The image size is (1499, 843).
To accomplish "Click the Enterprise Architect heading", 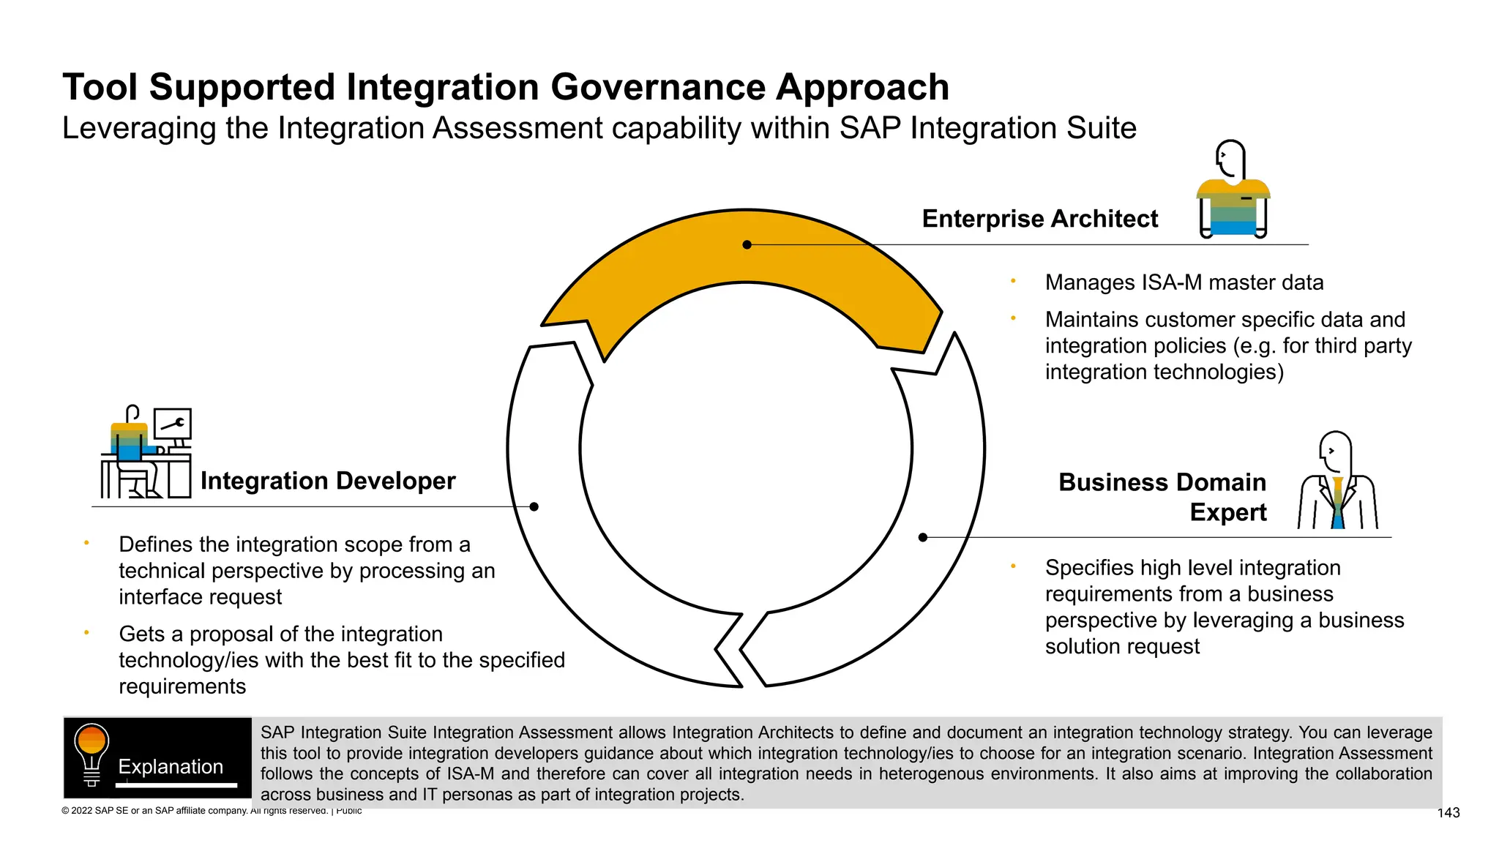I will coord(1039,219).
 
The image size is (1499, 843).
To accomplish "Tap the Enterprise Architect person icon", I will coord(1233,190).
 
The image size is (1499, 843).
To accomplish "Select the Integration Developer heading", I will coord(328,481).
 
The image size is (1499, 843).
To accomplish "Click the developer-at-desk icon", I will coord(146,454).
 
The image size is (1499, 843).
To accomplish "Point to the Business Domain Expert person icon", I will coord(1337,483).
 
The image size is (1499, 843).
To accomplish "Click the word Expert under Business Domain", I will coord(1227,512).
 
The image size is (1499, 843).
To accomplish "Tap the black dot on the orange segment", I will coord(747,244).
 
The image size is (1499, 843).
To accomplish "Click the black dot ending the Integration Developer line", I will coord(534,506).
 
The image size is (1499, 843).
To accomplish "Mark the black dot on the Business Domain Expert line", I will coord(922,537).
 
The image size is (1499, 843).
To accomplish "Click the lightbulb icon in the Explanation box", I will coord(91,754).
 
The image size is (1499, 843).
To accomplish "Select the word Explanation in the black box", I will coord(171,766).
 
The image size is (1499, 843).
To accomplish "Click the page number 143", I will coord(1448,813).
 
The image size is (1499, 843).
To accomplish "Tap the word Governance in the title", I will coord(659,88).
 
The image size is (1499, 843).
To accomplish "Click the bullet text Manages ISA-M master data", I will coord(1184,282).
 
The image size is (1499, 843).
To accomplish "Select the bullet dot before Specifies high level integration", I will coord(1013,566).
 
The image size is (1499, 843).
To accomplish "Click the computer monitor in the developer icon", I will coord(173,424).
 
